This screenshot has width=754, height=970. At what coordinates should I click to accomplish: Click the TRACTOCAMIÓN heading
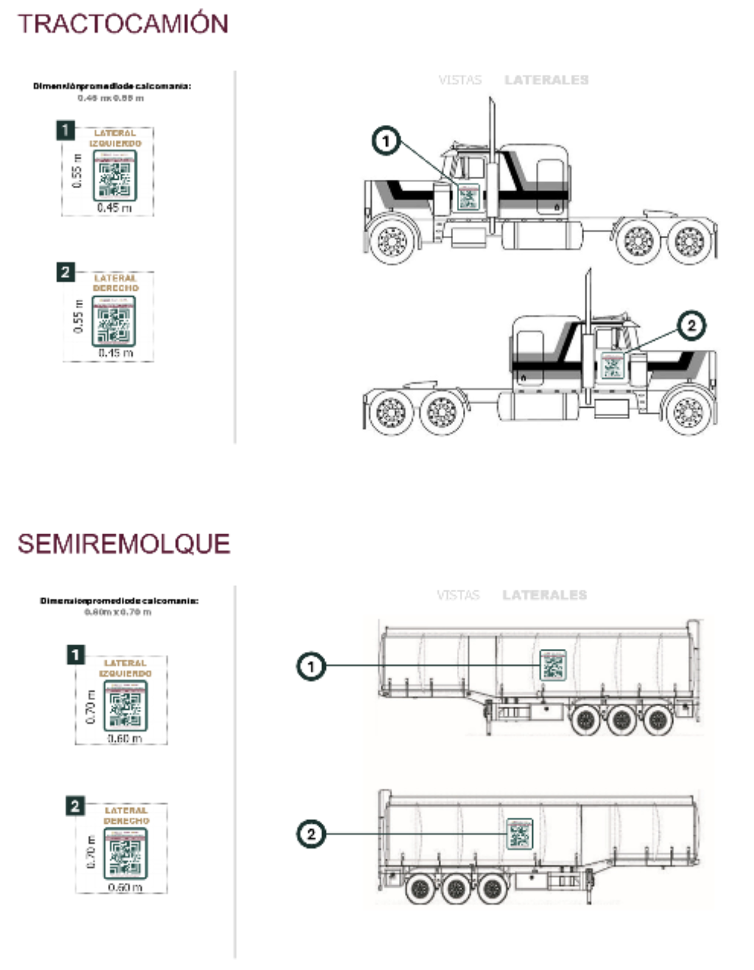(x=123, y=24)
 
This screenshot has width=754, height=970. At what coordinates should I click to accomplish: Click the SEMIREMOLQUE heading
(x=124, y=543)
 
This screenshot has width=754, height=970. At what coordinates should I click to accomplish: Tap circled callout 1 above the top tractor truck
(x=386, y=141)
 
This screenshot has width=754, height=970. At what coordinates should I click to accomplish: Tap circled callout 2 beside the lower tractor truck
(x=691, y=325)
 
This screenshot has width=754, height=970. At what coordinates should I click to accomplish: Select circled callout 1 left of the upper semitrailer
(x=311, y=666)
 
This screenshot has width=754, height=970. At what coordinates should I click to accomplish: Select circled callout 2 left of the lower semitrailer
(x=311, y=834)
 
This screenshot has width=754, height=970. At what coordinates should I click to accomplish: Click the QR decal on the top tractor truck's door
(x=468, y=197)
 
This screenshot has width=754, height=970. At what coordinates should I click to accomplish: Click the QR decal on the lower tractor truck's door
(x=612, y=366)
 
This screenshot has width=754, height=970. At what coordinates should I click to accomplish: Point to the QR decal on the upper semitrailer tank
(x=553, y=665)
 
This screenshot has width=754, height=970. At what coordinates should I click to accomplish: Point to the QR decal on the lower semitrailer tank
(x=520, y=834)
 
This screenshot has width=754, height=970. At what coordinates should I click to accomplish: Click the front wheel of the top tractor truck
(x=392, y=241)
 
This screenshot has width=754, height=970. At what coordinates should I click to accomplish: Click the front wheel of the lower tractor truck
(x=689, y=412)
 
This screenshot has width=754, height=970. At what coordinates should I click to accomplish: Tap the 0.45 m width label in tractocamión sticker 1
(x=115, y=208)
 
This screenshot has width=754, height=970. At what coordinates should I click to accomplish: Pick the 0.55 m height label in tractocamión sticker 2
(x=78, y=316)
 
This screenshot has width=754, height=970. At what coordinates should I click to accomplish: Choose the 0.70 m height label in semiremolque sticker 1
(x=91, y=706)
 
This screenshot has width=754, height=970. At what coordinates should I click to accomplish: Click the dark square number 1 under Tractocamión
(x=65, y=130)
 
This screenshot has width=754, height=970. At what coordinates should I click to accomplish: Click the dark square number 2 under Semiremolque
(x=75, y=805)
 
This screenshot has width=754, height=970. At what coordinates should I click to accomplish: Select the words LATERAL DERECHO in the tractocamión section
(x=116, y=283)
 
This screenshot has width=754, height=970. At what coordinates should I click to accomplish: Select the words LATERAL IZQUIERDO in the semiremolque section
(x=125, y=668)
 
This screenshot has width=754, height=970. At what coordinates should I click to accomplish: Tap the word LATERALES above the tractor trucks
(x=546, y=80)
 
